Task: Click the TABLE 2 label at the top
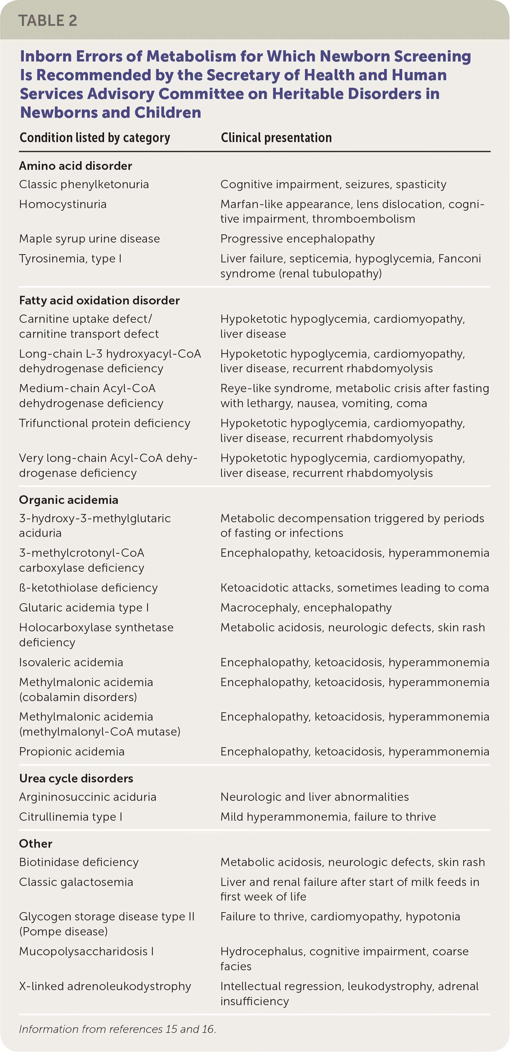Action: pos(48,20)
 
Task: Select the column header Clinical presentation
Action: pos(276,138)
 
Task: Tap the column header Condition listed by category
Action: pos(95,138)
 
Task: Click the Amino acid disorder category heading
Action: pos(75,166)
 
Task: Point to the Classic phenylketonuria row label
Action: pos(84,184)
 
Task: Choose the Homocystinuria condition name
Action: pos(63,204)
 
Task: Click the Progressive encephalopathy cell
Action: pos(297,239)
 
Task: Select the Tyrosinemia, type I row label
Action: pos(70,259)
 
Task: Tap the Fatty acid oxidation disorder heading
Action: pos(99,301)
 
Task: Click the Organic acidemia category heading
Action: pos(69,500)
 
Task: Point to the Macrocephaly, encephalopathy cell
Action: pos(306,608)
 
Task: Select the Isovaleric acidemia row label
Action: pos(71,662)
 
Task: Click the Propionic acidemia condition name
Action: pos(72,751)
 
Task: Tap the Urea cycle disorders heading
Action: pos(76,778)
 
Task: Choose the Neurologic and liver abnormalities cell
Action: pos(314,797)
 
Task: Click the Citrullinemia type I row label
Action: pos(70,817)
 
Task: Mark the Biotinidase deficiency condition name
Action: pos(79,862)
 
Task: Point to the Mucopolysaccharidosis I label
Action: pos(86,951)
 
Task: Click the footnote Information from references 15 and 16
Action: pos(118,1029)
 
